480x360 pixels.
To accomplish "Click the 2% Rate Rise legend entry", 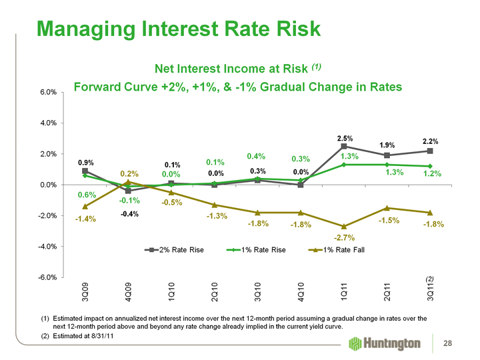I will pos(175,250).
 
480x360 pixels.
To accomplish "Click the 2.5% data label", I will pos(345,137).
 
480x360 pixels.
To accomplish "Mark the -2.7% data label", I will pos(344,237).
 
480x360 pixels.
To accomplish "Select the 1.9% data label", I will pos(388,145).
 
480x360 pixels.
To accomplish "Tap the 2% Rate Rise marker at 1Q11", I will pos(344,146).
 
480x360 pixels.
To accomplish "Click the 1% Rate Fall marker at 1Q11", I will pos(344,227).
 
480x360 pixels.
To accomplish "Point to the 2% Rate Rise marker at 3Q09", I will pos(85,171).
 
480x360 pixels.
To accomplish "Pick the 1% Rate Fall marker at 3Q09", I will pos(85,207).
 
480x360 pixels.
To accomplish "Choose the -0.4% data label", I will pos(129,214).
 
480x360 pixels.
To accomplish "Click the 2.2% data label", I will pos(430,141).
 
